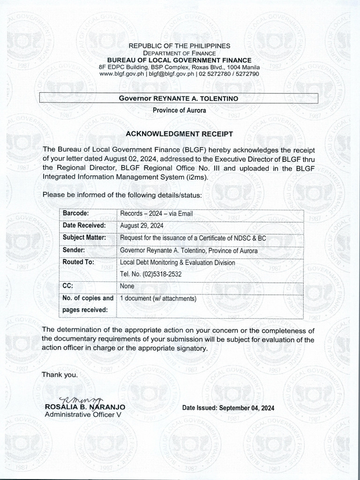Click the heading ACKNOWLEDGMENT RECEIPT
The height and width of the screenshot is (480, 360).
180,134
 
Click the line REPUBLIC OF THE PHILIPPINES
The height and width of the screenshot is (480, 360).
180,46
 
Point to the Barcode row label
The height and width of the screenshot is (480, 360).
76,214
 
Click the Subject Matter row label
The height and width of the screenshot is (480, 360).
84,238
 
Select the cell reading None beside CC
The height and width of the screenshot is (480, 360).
127,286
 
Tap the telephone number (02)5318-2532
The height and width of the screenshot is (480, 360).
150,274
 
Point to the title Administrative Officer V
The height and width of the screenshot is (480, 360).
82,415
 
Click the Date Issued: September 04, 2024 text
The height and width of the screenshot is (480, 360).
228,408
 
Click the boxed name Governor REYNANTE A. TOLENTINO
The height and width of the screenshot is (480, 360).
179,98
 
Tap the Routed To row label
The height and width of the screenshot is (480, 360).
79,262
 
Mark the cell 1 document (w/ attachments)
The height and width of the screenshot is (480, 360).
158,298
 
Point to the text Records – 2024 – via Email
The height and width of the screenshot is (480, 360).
157,214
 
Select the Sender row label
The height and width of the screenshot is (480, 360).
74,250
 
